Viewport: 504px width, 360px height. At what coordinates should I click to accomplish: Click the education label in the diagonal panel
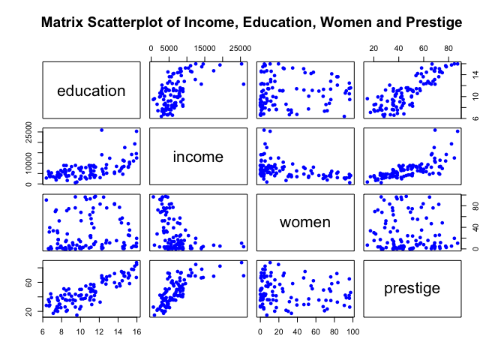pos(91,91)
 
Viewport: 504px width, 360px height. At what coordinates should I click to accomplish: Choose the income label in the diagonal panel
pos(199,157)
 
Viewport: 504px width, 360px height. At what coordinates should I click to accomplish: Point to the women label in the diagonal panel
pos(305,222)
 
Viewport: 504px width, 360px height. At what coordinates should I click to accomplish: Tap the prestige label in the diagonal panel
pos(412,288)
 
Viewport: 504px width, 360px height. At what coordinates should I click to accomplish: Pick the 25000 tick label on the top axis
pos(240,48)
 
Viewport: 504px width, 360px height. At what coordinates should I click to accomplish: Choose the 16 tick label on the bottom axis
pos(136,331)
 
